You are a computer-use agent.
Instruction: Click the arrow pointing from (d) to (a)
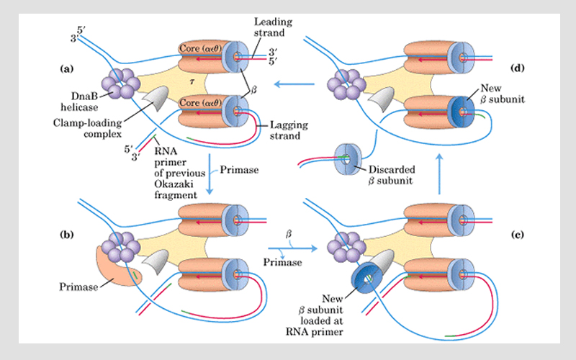click(x=297, y=84)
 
